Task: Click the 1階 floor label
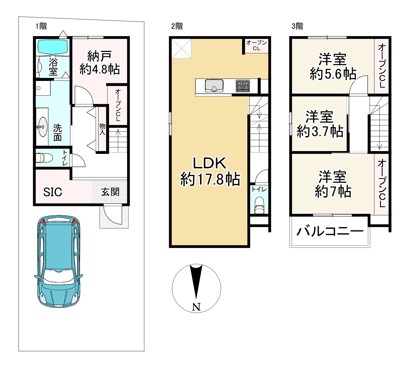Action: pyautogui.click(x=41, y=26)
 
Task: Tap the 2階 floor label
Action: pyautogui.click(x=177, y=26)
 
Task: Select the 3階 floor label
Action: pyautogui.click(x=297, y=26)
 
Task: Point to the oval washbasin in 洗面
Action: pyautogui.click(x=42, y=127)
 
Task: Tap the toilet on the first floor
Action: pyautogui.click(x=44, y=158)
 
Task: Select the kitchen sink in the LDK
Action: pyautogui.click(x=214, y=85)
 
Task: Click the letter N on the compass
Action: pyautogui.click(x=196, y=307)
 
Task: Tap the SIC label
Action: pyautogui.click(x=53, y=192)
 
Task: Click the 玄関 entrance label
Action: pyautogui.click(x=110, y=192)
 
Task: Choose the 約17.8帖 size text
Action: pyautogui.click(x=210, y=179)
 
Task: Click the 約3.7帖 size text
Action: pyautogui.click(x=320, y=131)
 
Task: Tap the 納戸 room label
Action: pyautogui.click(x=99, y=56)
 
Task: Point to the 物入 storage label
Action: pyautogui.click(x=102, y=129)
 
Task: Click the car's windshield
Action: pyautogui.click(x=59, y=276)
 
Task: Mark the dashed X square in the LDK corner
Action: pyautogui.click(x=181, y=49)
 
